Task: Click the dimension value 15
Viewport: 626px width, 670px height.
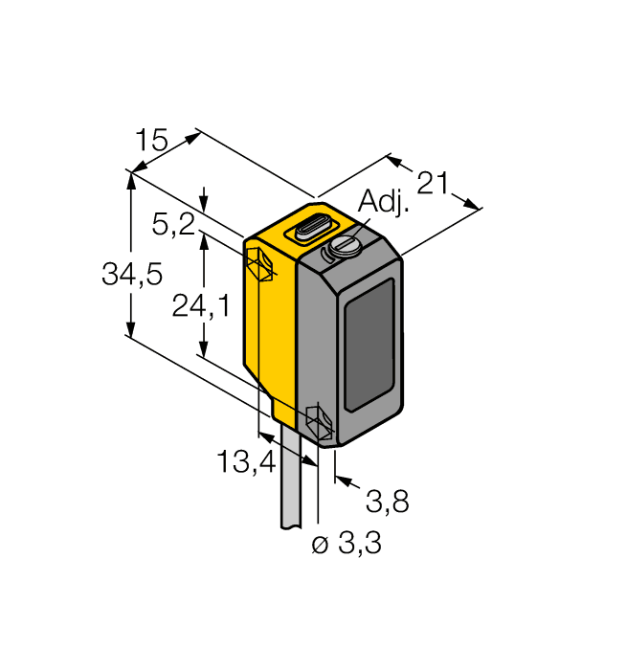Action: click(150, 142)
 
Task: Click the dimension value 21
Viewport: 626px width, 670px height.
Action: click(432, 182)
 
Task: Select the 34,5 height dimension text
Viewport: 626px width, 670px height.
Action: click(132, 275)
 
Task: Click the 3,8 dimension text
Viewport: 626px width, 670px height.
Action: click(387, 500)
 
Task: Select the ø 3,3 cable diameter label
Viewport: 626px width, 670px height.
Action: click(347, 544)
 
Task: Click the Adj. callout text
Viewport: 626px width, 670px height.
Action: click(383, 203)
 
